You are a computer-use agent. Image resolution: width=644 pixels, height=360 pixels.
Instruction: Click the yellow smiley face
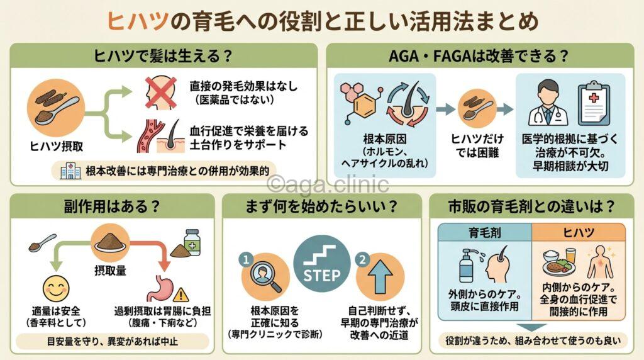click(55, 289)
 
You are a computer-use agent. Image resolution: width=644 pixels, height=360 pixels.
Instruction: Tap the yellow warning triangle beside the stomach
click(182, 293)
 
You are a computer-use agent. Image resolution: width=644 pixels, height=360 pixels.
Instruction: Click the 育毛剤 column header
click(484, 232)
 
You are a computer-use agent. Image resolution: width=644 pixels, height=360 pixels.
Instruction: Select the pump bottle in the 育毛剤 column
click(467, 264)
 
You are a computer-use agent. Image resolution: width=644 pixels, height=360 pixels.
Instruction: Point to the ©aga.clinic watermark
click(327, 183)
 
